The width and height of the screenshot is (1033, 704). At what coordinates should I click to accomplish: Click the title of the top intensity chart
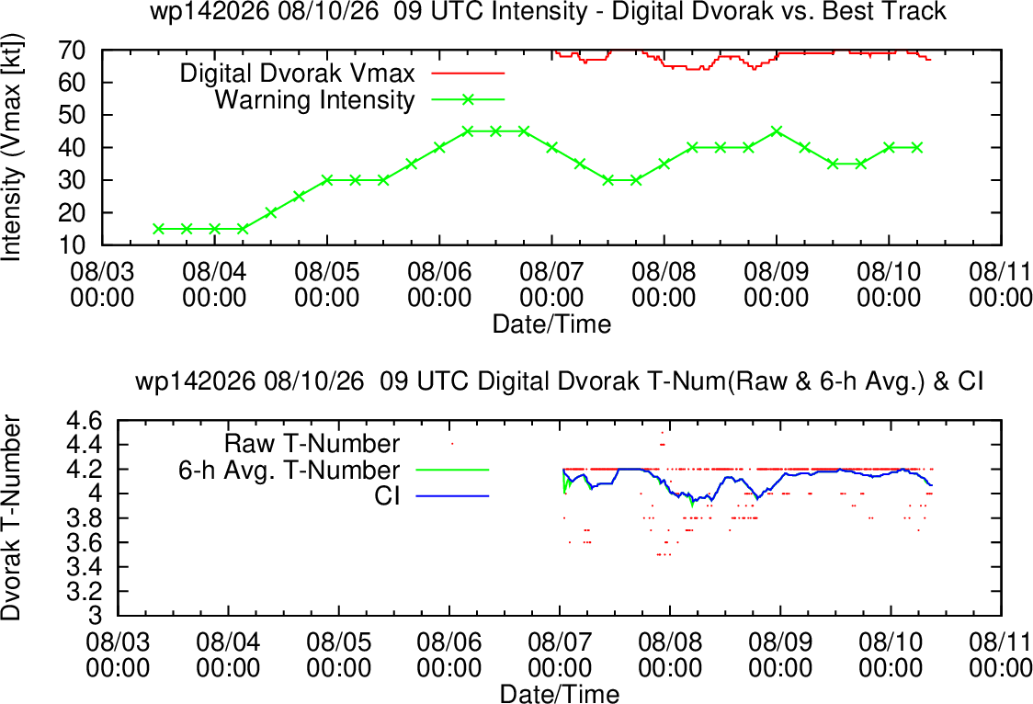pos(548,12)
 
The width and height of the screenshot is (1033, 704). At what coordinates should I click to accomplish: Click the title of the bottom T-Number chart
pos(560,381)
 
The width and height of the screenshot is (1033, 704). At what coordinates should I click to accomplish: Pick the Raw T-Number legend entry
pos(312,443)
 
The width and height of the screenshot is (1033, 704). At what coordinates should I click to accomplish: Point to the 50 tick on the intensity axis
pos(72,115)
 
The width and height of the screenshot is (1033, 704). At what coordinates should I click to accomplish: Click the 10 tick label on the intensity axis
pos(72,245)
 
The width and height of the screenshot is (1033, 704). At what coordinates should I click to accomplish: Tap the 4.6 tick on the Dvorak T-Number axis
pos(85,420)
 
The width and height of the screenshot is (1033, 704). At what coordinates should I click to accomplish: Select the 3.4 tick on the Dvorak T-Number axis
pos(85,567)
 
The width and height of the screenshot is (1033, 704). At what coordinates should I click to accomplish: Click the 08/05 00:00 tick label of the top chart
pos(327,285)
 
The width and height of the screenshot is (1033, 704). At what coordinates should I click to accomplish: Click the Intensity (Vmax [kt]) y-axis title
pos(12,147)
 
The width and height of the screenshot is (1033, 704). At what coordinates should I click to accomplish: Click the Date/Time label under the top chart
pos(552,324)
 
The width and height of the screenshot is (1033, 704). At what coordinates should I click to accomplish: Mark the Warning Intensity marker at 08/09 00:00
pos(777,131)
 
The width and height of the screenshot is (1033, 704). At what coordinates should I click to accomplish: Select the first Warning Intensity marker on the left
pos(158,229)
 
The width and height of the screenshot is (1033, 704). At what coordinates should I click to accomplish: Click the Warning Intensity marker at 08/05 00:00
pos(327,180)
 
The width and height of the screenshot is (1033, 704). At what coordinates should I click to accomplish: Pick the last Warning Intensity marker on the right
pos(917,148)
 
